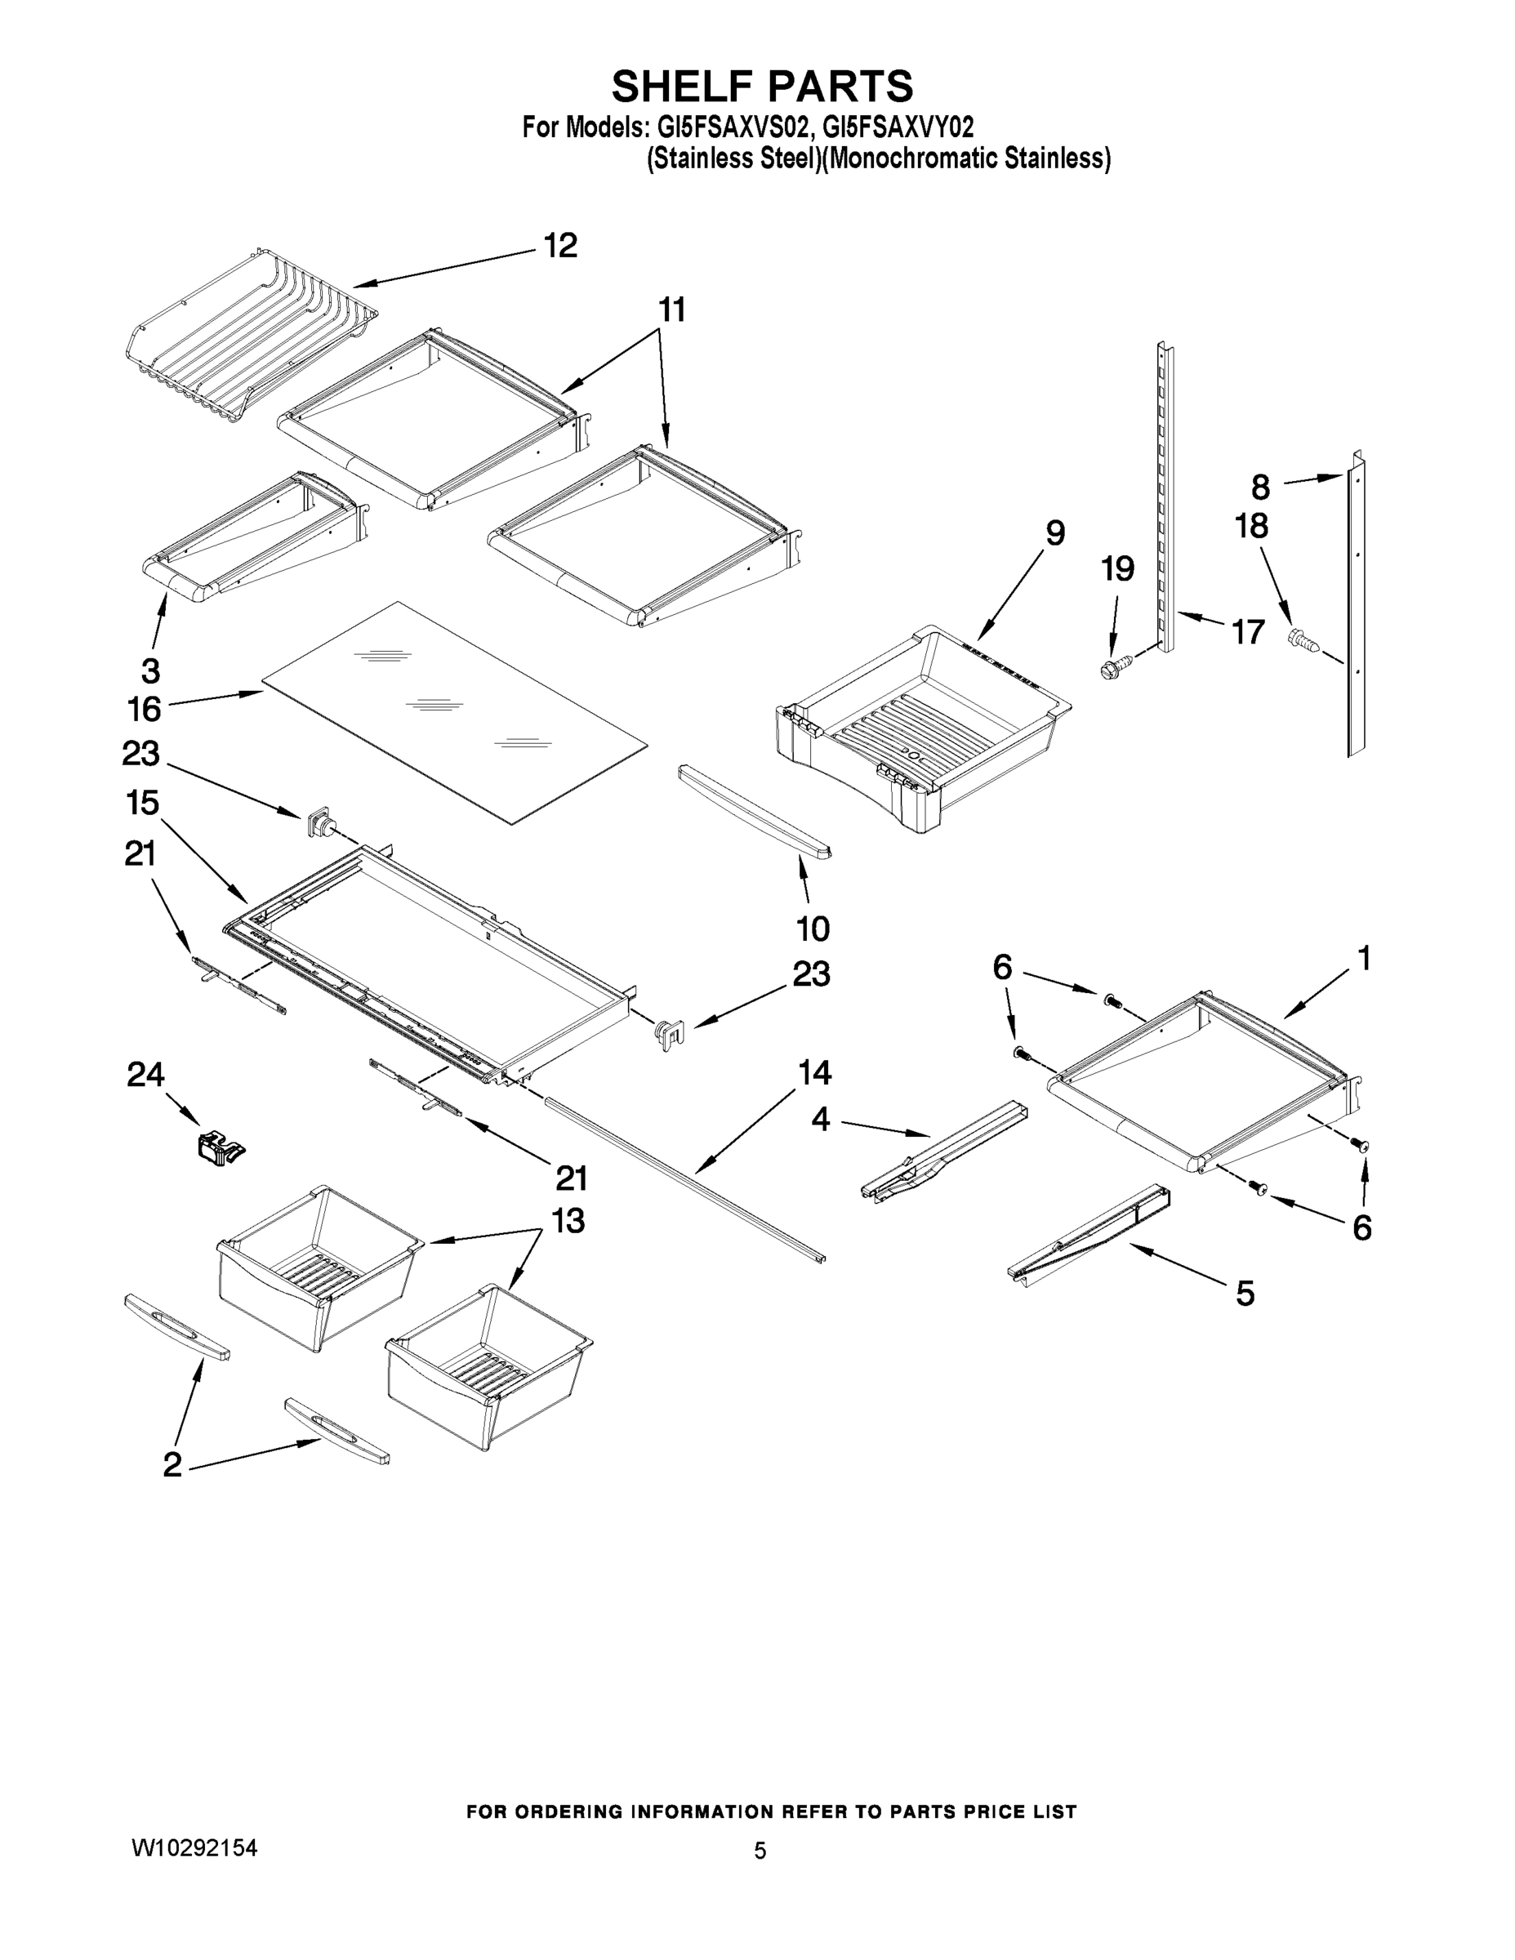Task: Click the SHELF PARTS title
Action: (x=762, y=87)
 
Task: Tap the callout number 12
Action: (x=561, y=246)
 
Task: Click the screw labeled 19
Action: (x=1114, y=666)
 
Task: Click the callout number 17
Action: (x=1248, y=632)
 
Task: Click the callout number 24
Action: (x=146, y=1074)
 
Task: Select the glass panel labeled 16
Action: (x=453, y=714)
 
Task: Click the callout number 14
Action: (x=815, y=1072)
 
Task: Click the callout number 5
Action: (x=1245, y=1294)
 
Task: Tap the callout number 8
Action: (x=1260, y=488)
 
